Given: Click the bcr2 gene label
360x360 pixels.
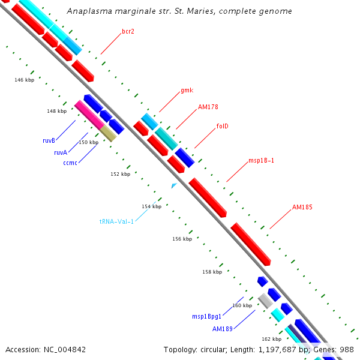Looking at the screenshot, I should point(128,31).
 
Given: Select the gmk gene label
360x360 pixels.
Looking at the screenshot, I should point(187,91).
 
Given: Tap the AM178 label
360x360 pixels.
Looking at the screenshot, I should point(208,107).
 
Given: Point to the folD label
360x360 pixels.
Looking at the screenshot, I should point(222,126).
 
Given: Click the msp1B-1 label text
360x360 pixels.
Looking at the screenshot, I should point(261,161).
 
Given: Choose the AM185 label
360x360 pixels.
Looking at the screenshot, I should point(302,207).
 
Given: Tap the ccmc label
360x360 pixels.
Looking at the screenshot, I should point(70,162).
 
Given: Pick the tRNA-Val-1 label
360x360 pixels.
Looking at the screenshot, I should point(117,221).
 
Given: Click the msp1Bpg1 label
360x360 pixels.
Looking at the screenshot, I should point(206,316).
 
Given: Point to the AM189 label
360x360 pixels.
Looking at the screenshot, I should point(222,329).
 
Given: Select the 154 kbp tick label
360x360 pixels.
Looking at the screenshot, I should point(151,206).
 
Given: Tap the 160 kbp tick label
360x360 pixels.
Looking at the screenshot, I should point(242,305).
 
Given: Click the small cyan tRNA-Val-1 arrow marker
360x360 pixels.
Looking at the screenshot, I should point(174,186).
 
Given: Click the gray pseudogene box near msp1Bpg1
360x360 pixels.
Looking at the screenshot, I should point(265,301).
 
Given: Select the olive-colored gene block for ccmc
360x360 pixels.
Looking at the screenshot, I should point(108,133).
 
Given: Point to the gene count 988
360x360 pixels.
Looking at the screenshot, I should point(347,349).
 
